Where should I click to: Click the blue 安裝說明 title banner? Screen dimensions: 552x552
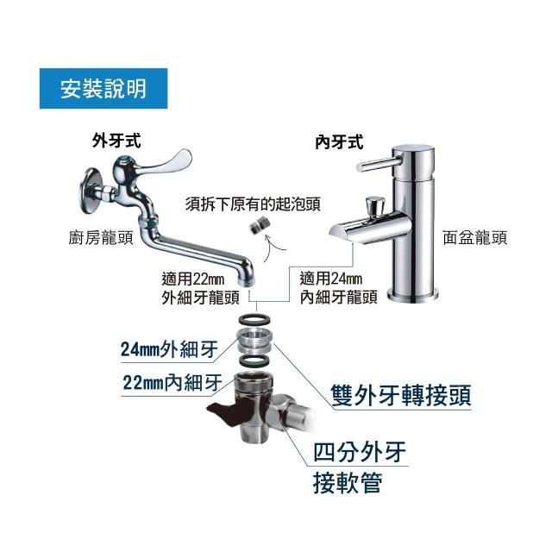point(103,88)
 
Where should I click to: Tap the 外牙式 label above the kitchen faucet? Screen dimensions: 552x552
point(116,141)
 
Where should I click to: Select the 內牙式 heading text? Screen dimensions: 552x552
point(339,142)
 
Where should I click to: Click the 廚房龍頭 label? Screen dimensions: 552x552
point(101,238)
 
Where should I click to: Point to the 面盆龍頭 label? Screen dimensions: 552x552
point(475,238)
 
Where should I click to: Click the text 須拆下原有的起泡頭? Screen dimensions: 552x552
point(253,204)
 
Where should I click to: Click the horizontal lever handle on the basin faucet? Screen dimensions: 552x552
point(379,164)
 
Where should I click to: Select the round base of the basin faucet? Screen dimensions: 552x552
point(412,295)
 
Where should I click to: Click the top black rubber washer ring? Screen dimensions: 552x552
point(254,320)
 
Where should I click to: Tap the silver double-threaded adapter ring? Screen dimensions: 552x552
point(254,340)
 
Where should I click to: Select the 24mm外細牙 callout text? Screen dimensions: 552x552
point(169,349)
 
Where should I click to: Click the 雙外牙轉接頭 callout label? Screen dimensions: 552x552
point(401,396)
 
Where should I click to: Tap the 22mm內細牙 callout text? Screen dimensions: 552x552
point(172,382)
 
